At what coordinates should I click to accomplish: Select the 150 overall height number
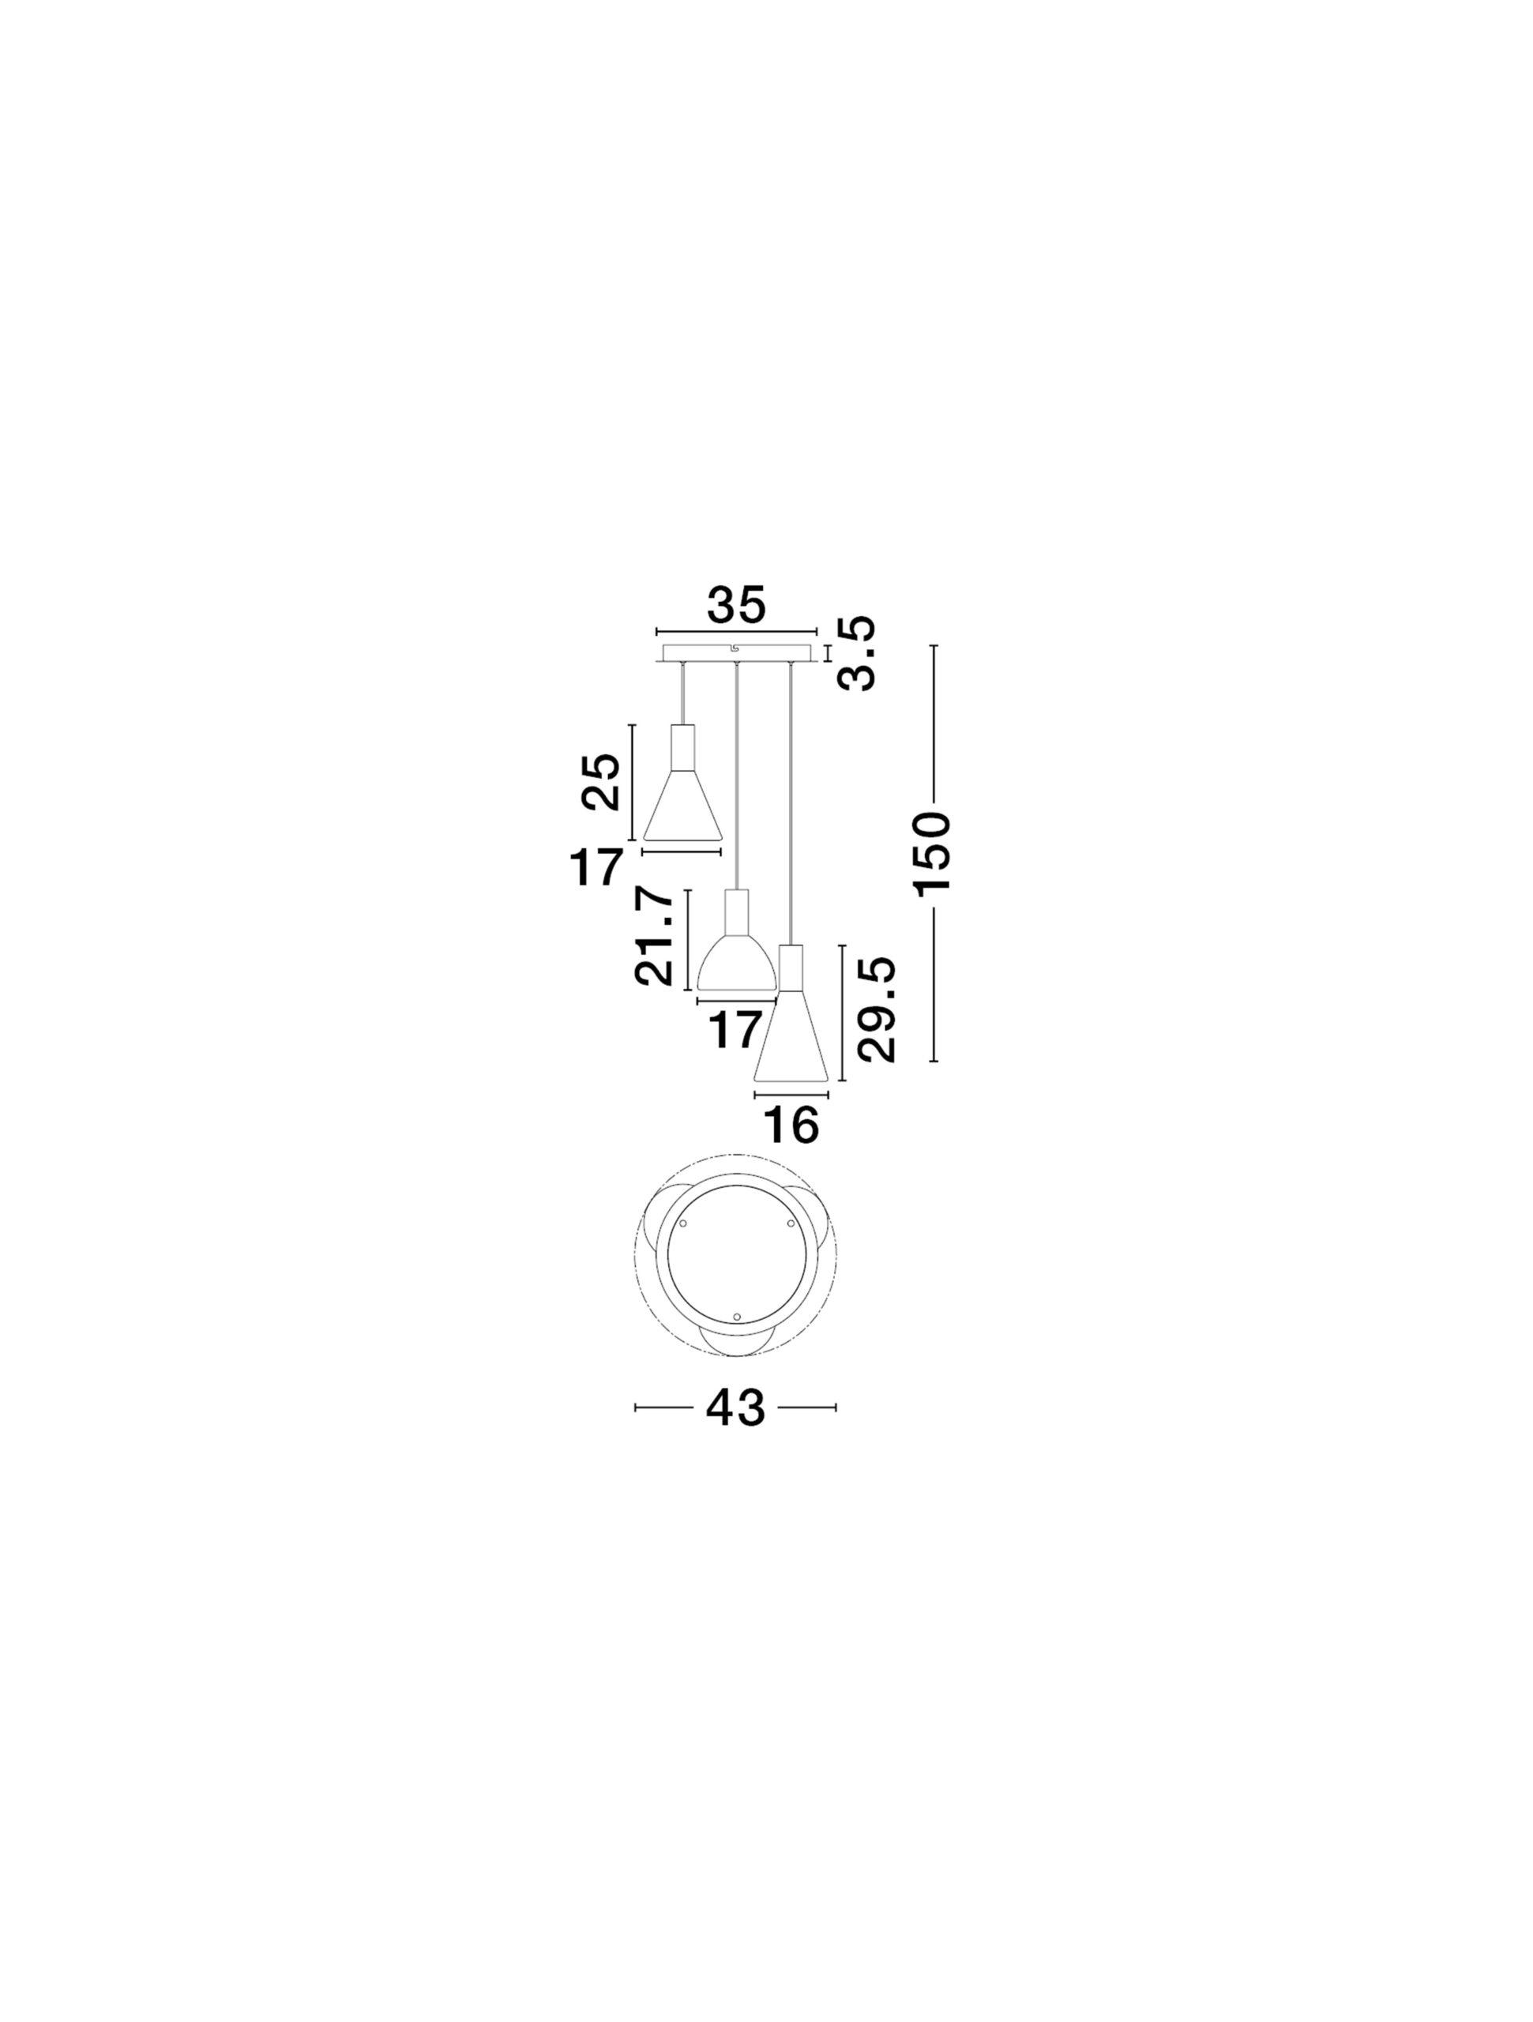(x=934, y=851)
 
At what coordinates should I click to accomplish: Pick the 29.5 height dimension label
(x=876, y=1009)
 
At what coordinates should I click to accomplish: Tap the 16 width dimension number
(x=791, y=1125)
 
